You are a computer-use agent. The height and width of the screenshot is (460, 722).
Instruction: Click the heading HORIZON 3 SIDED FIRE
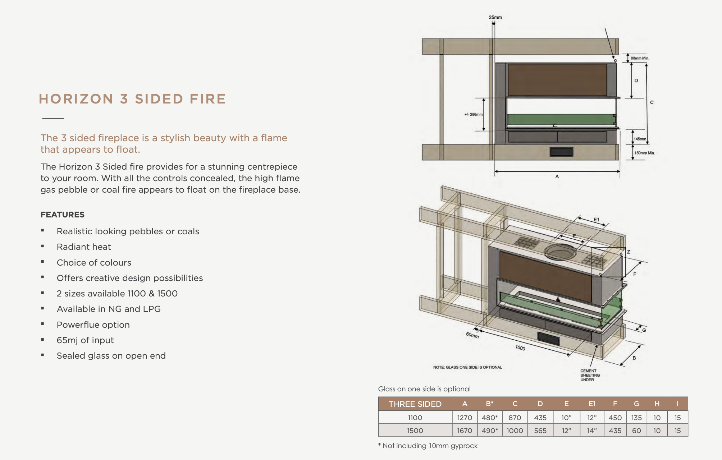pos(132,99)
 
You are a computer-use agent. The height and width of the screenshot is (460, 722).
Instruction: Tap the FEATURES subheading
pos(63,215)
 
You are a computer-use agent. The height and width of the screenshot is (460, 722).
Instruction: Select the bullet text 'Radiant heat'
pos(84,247)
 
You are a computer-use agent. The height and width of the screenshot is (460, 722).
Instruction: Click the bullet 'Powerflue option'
pos(93,325)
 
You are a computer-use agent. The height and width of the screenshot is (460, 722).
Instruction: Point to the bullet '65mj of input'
pos(85,340)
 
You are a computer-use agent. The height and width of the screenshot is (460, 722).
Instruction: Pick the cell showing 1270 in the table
pos(465,418)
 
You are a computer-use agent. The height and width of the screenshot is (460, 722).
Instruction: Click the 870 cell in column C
pos(515,418)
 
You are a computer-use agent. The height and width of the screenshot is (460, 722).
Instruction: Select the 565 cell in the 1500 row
pos(540,431)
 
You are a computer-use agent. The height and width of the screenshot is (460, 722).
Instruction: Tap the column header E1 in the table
pos(592,404)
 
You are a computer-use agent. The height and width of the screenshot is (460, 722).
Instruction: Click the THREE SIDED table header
pos(415,404)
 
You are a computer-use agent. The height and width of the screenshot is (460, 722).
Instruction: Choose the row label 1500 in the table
pos(415,431)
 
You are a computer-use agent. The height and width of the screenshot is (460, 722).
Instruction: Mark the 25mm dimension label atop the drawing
pos(495,17)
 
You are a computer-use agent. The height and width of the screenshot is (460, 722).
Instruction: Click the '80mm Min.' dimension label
pos(640,58)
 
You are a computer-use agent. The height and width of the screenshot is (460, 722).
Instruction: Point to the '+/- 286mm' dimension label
pos(473,115)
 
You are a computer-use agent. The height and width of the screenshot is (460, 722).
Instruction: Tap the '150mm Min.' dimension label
pos(644,153)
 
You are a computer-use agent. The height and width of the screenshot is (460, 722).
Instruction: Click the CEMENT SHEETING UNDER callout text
pos(590,375)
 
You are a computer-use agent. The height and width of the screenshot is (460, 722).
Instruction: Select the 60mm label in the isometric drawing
pos(472,335)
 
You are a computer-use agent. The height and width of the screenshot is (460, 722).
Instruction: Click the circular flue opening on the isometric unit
pos(560,252)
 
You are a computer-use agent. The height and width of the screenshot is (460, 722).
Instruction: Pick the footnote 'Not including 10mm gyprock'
pos(430,446)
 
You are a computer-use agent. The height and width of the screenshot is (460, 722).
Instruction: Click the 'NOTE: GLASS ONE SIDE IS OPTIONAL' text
pos(467,367)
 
